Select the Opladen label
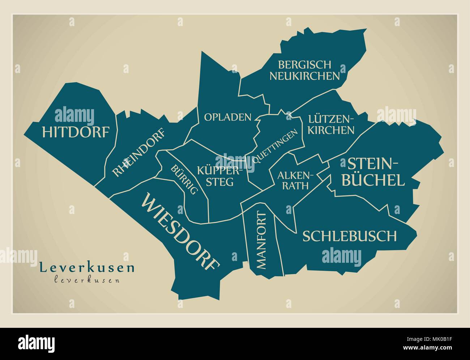[228, 117]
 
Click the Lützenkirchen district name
[331, 124]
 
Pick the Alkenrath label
[293, 180]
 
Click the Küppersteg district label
[216, 176]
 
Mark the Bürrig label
[184, 180]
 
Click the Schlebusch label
[349, 236]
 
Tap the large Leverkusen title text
[87, 268]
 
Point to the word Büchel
[373, 180]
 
